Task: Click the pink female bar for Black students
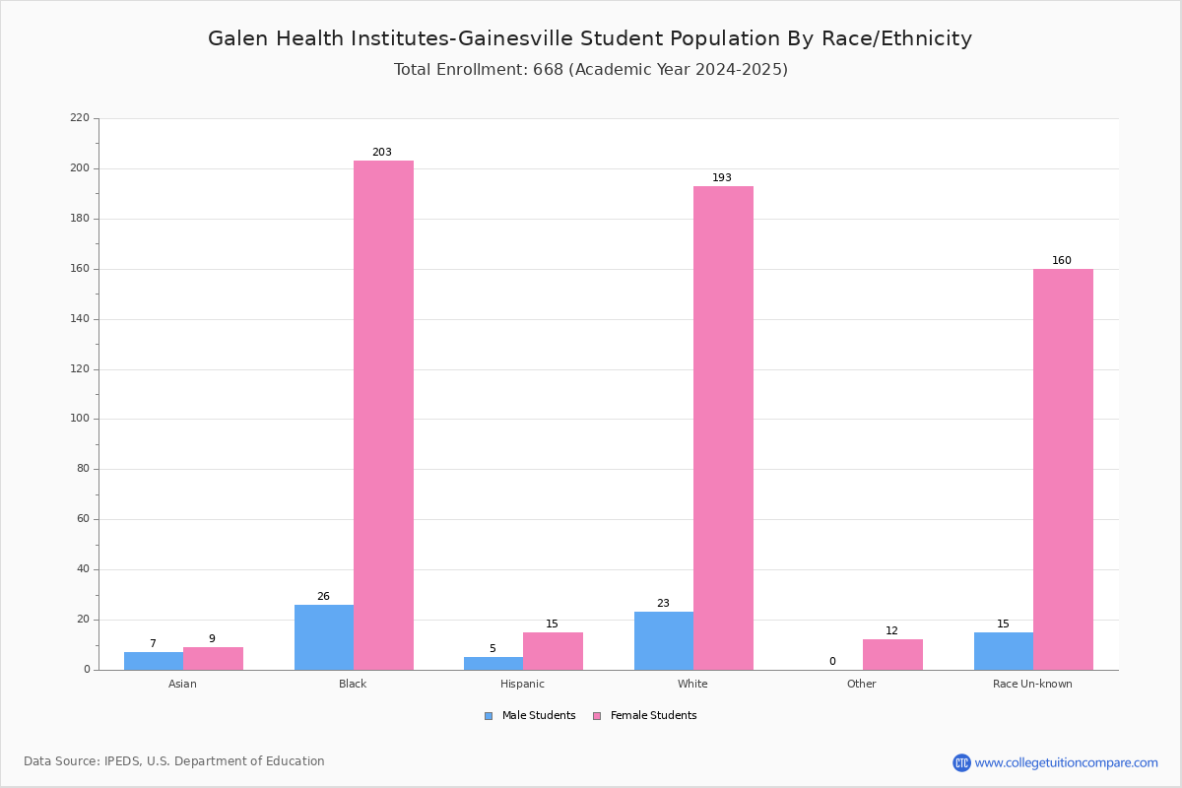[x=383, y=416]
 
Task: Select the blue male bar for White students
[x=664, y=641]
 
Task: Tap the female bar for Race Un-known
[x=1063, y=470]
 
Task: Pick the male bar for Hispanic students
[x=493, y=664]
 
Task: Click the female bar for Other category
[x=892, y=655]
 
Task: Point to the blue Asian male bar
[x=154, y=661]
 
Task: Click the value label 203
[x=382, y=152]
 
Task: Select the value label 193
[x=722, y=177]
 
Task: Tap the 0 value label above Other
[x=832, y=661]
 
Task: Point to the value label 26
[x=323, y=596]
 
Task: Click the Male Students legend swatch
[x=489, y=716]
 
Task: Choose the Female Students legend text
[x=653, y=715]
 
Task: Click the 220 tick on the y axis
[x=80, y=117]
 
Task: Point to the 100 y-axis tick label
[x=80, y=419]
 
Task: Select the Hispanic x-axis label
[x=522, y=684]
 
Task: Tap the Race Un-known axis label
[x=1032, y=684]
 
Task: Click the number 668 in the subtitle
[x=549, y=70]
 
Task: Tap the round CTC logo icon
[x=961, y=762]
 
